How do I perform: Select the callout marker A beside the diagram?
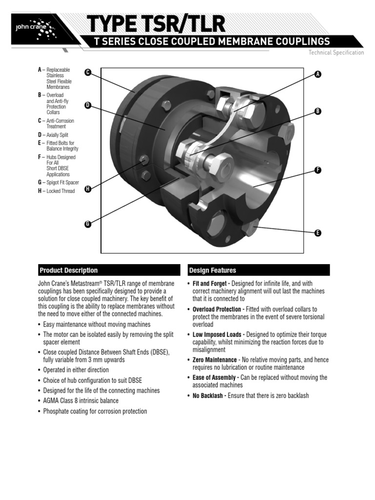(x=318, y=74)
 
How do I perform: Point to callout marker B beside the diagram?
(x=318, y=111)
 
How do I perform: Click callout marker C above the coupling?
(x=88, y=72)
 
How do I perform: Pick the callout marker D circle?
(x=88, y=105)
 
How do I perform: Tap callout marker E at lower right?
(x=318, y=233)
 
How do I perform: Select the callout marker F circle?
(x=318, y=170)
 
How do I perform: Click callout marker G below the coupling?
(x=88, y=224)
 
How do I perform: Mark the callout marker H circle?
(x=88, y=188)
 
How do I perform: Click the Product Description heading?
(x=68, y=271)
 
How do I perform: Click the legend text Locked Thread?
(x=61, y=191)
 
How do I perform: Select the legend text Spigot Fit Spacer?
(x=63, y=183)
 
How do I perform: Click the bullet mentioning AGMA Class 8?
(x=81, y=401)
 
